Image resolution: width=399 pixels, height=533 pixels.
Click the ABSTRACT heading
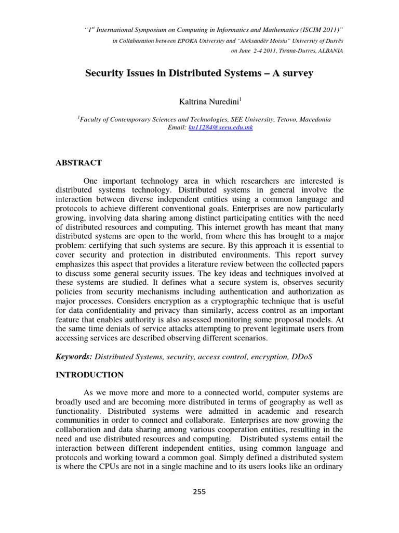(79, 163)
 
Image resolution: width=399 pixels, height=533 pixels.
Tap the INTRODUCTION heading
(90, 375)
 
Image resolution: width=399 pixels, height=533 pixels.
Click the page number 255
(199, 492)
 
